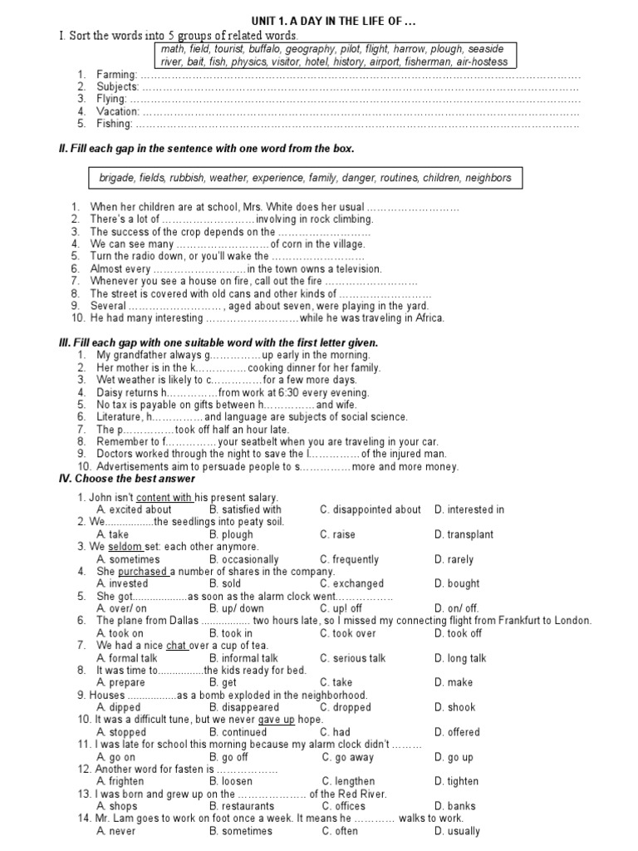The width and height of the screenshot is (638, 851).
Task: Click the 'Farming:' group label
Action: click(x=115, y=75)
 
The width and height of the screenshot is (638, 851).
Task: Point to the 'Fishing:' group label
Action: click(x=115, y=124)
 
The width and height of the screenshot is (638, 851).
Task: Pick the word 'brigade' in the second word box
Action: click(x=115, y=178)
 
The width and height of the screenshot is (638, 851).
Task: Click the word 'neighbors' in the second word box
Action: click(x=488, y=178)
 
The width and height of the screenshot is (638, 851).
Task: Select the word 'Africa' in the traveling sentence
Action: click(x=429, y=318)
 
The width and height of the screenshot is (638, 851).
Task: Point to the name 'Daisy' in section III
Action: click(x=110, y=392)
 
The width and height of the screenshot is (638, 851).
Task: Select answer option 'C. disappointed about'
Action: click(x=371, y=509)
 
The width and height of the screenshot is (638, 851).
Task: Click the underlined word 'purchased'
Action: click(x=142, y=572)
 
